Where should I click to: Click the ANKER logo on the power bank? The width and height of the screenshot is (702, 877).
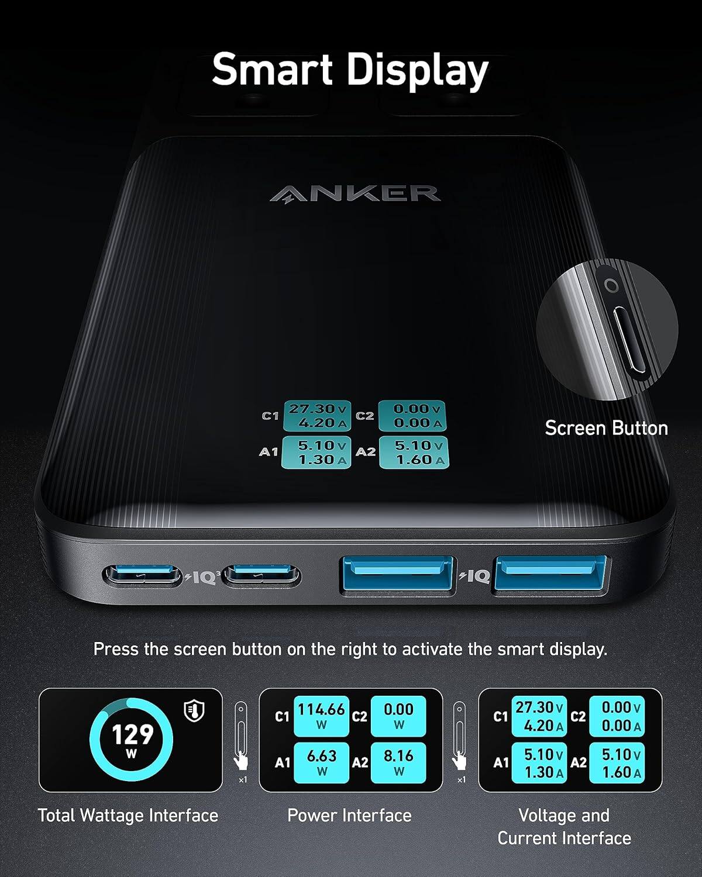pos(355,194)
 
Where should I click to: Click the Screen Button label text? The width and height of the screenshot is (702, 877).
pos(606,428)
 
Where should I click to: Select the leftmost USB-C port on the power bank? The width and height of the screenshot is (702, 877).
pos(142,576)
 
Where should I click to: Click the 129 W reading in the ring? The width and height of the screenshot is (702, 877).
pos(132,738)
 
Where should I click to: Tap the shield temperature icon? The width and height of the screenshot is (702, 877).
pos(194,710)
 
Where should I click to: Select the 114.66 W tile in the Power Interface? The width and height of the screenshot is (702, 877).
pos(321,716)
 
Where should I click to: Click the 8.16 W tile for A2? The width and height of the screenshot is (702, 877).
pos(398,762)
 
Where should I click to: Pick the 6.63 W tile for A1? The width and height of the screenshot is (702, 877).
pos(321,762)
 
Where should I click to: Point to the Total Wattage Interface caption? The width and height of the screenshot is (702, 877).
pos(128,815)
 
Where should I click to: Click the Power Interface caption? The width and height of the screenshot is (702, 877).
pos(349,815)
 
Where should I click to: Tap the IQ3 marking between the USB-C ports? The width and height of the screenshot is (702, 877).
pos(203,577)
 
